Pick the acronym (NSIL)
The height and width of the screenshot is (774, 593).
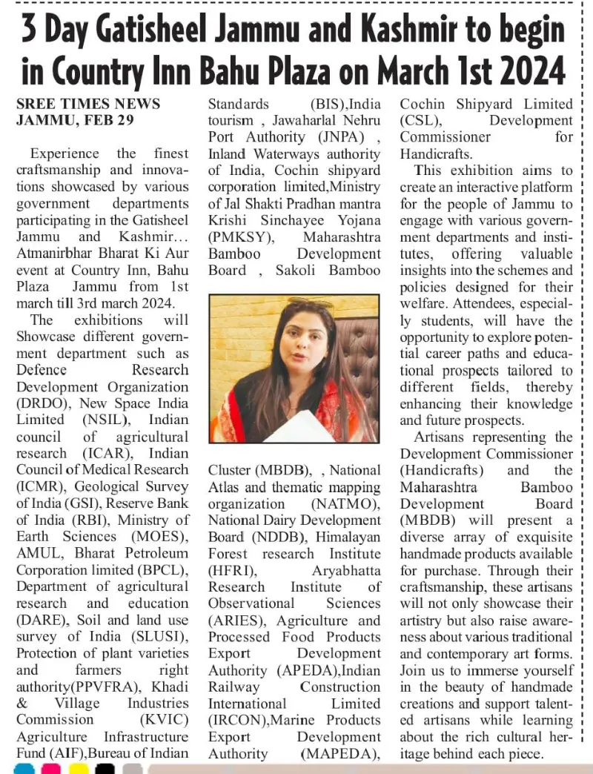tap(107, 420)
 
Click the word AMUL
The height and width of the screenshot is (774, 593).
tap(37, 554)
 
